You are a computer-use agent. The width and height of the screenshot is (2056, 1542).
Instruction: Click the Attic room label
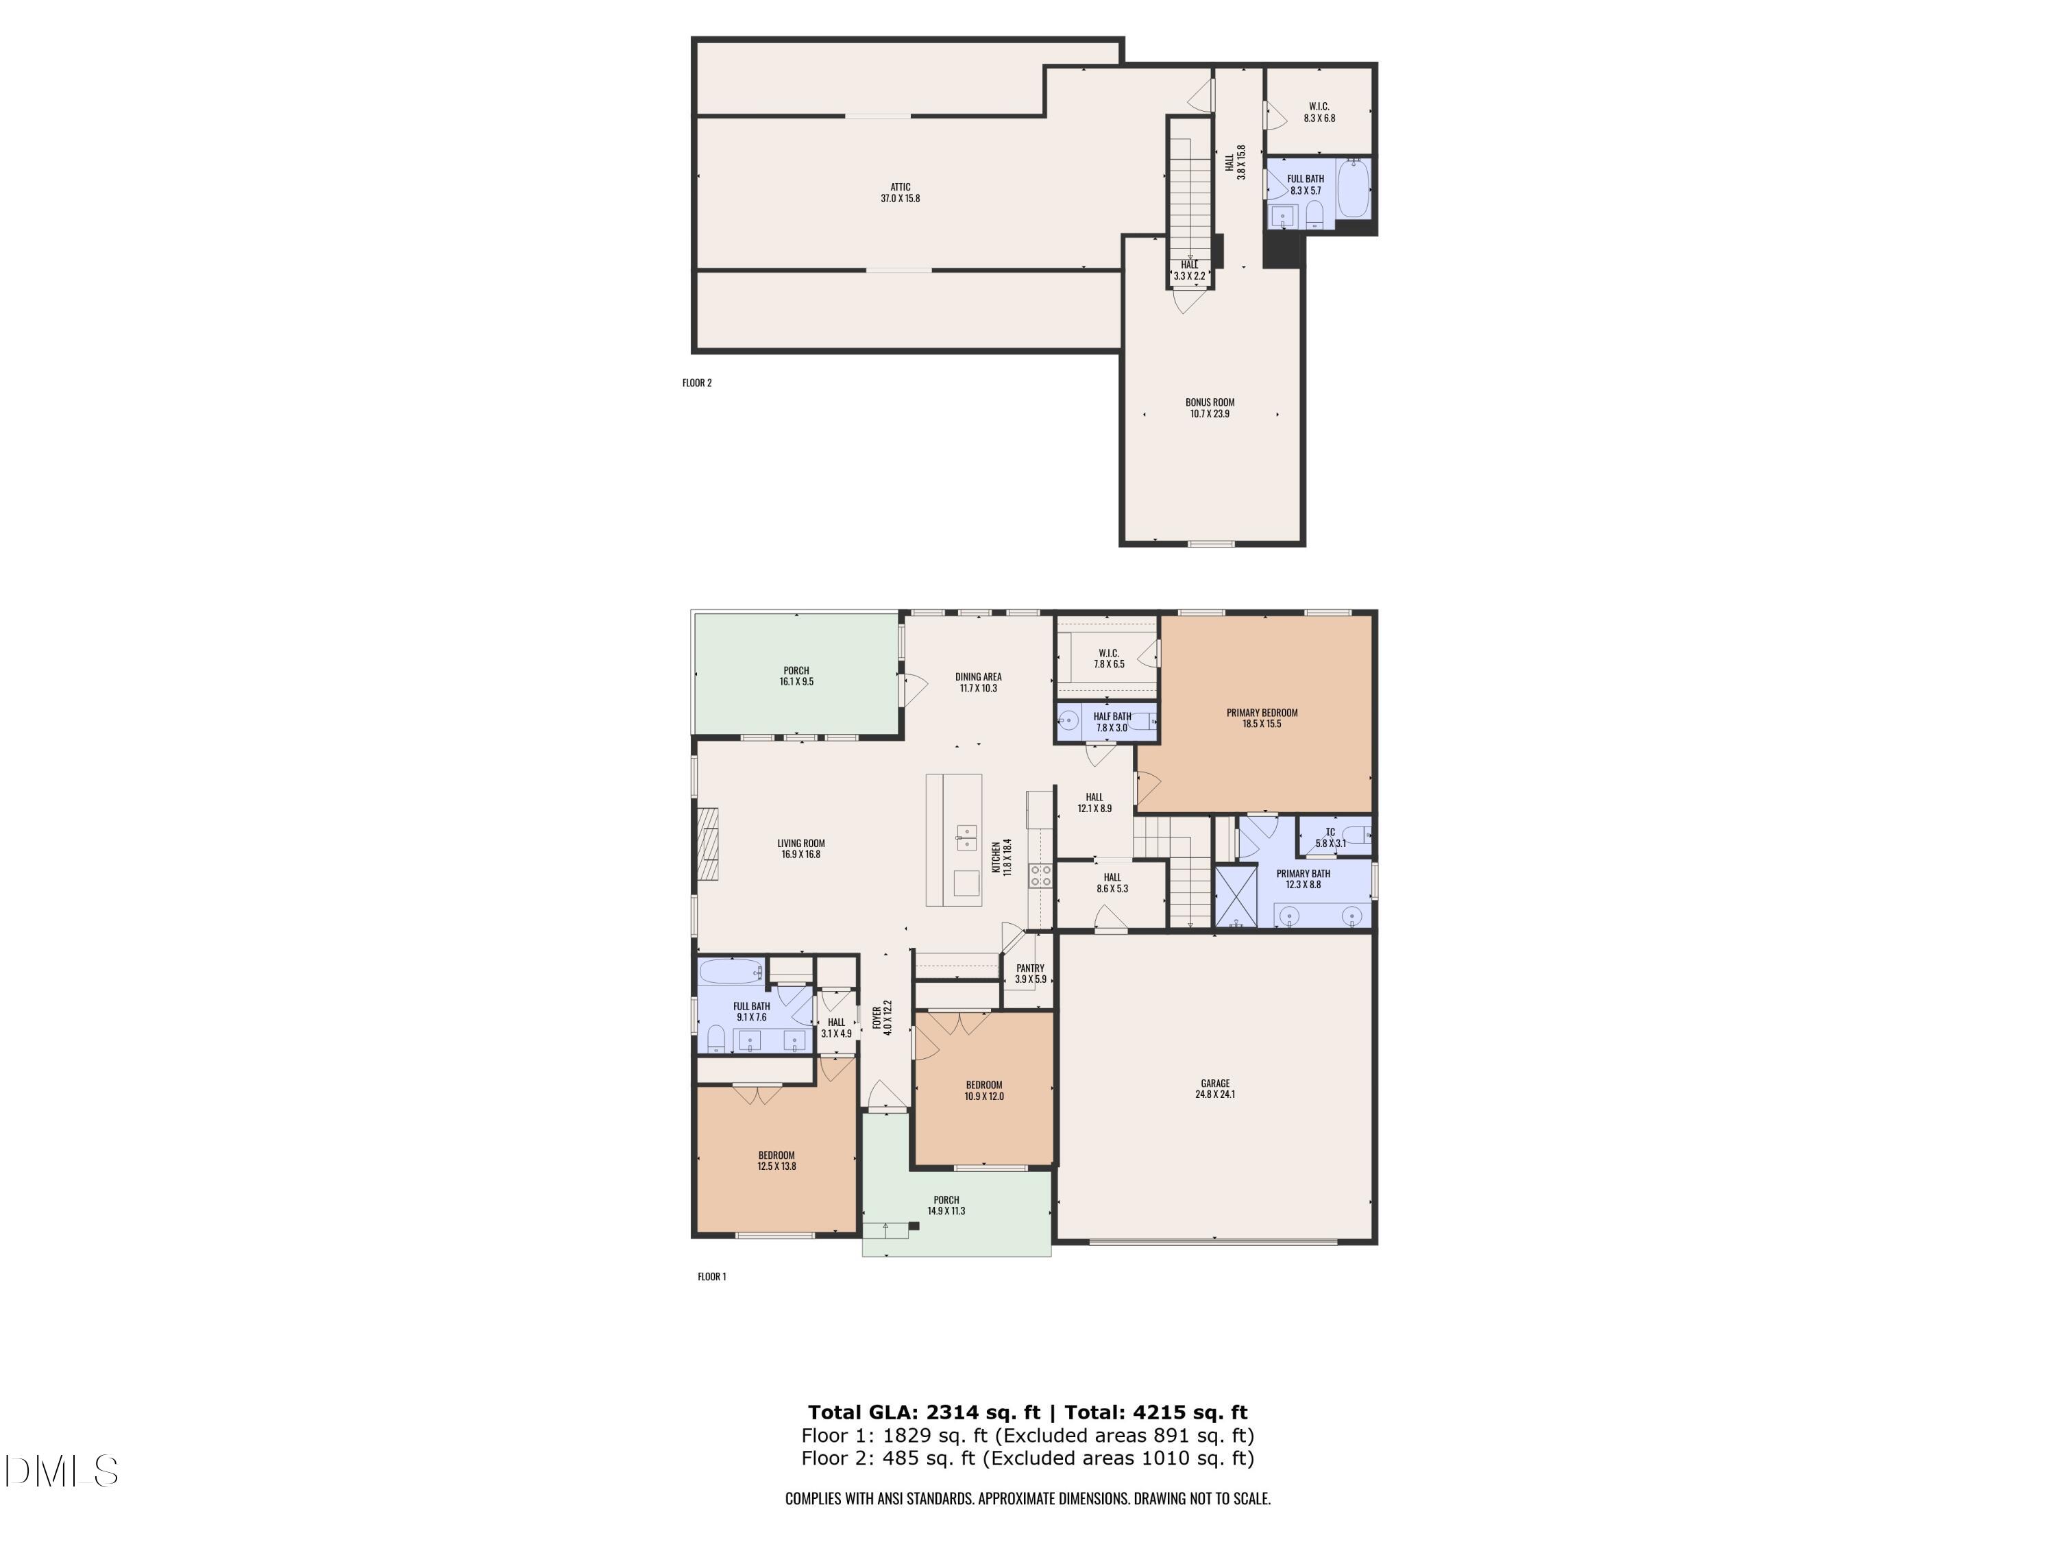tap(900, 187)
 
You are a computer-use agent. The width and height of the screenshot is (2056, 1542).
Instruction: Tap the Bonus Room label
tap(1209, 402)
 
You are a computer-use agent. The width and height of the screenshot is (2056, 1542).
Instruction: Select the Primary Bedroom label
tap(1261, 713)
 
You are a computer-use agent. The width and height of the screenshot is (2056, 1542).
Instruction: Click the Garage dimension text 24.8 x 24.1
tap(1215, 1095)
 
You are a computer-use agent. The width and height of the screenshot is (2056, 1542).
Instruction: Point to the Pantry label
tap(1030, 968)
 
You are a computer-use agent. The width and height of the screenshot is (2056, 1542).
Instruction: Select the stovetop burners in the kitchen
tap(1040, 874)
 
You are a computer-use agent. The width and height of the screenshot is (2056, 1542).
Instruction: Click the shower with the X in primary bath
tap(1236, 896)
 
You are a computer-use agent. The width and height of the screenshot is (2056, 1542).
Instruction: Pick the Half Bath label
tap(1112, 715)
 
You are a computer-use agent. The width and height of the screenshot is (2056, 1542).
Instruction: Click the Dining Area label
tap(978, 676)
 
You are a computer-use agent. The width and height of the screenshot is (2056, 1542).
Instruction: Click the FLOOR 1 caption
tap(712, 1276)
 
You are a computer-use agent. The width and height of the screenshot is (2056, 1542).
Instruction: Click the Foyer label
tap(877, 1018)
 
